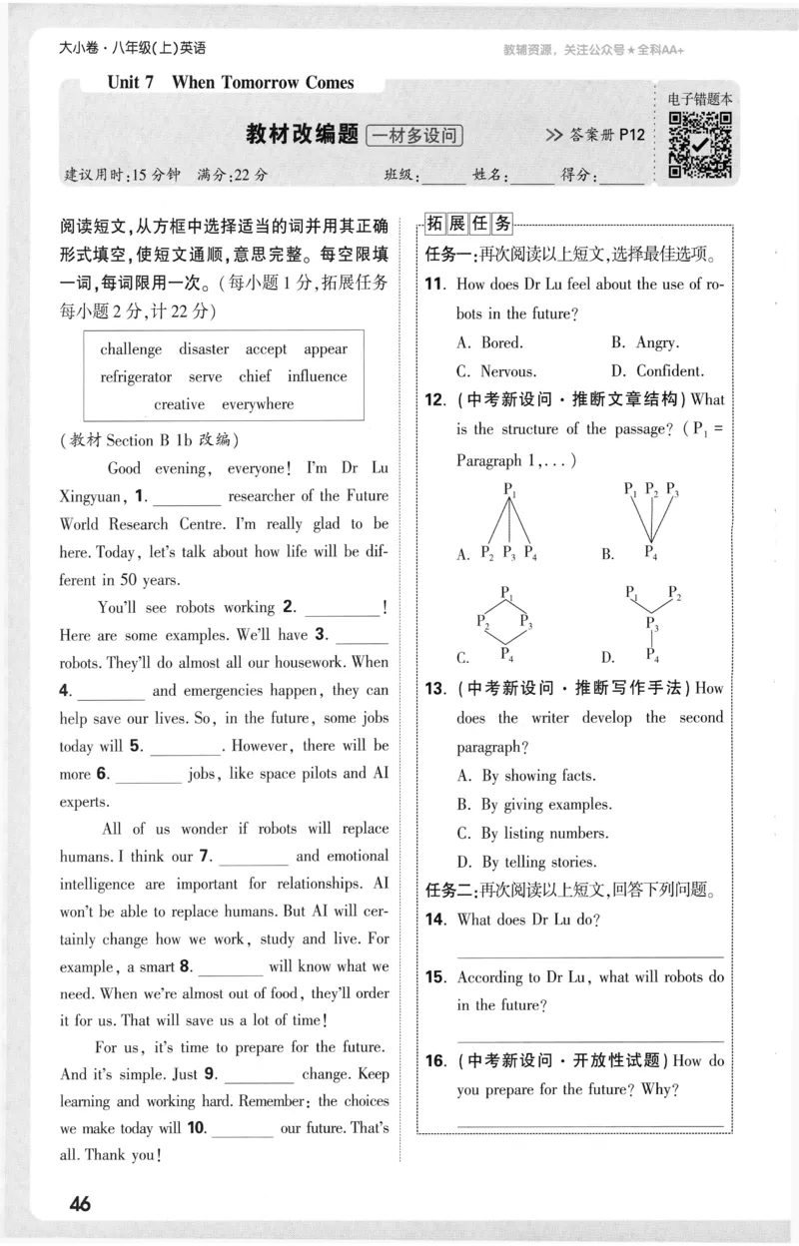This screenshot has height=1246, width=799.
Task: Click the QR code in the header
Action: [x=700, y=145]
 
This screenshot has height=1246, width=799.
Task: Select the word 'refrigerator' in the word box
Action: [x=136, y=376]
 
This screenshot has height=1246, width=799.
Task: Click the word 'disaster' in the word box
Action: [x=204, y=348]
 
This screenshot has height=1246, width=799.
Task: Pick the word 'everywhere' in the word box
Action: [x=258, y=404]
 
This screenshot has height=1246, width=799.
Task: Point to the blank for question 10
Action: [x=242, y=1128]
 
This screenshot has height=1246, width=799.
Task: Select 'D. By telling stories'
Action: [x=526, y=862]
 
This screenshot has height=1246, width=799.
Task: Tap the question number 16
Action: [x=434, y=1061]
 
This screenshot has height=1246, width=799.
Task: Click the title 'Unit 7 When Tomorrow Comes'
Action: [x=231, y=83]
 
